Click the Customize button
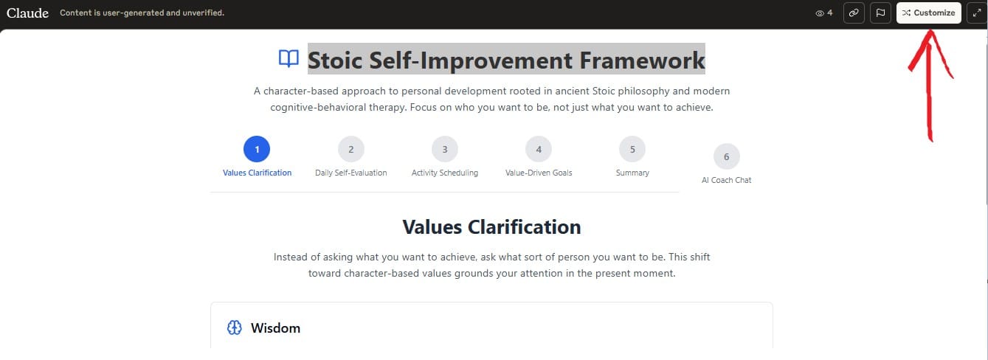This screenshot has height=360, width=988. [x=928, y=13]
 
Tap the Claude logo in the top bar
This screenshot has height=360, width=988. [x=27, y=13]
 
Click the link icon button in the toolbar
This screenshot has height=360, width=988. [x=854, y=13]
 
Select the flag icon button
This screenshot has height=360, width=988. [x=880, y=13]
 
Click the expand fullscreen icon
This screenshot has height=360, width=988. [x=976, y=13]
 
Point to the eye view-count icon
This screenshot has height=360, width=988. [x=820, y=13]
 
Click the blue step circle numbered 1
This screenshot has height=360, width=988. [x=257, y=149]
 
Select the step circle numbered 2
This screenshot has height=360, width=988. [x=351, y=149]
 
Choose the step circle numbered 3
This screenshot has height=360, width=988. [x=445, y=149]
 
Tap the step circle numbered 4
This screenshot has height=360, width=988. [x=539, y=149]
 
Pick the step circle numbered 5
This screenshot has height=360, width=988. [x=632, y=149]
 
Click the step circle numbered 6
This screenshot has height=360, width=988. [x=727, y=156]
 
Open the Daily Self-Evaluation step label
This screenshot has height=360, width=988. [x=351, y=173]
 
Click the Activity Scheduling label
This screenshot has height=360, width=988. [x=445, y=173]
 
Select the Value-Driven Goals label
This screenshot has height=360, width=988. [x=539, y=173]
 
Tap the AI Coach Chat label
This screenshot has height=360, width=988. [x=727, y=180]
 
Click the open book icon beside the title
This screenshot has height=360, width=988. [x=289, y=59]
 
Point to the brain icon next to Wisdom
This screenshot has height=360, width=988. [x=234, y=328]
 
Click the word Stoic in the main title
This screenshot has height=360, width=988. [x=334, y=60]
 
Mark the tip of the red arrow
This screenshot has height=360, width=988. [x=930, y=31]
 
